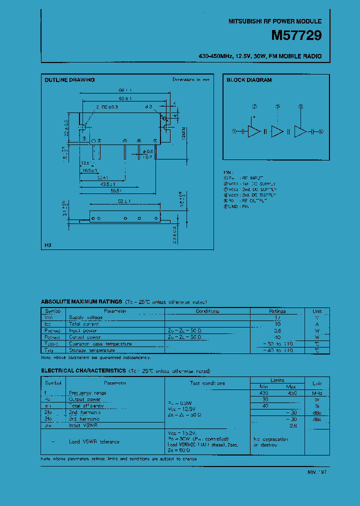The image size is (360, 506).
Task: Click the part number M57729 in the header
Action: pos(296,36)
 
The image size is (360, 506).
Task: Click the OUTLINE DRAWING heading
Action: pos(69,80)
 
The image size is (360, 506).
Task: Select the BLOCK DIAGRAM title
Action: pos(249,80)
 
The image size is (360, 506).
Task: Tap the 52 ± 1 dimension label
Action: pos(124,201)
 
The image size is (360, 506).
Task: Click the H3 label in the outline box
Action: pos(48,245)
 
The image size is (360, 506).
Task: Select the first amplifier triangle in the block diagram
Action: pos(254,131)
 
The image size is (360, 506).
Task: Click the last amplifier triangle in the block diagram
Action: pos(300,131)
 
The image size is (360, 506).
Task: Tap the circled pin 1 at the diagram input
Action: pos(233,131)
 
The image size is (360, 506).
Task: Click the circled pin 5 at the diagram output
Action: pos(321,131)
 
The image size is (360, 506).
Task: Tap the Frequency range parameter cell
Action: pos(87,393)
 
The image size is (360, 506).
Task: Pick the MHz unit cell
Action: pos(317,393)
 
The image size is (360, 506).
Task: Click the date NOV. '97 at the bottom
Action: pos(316,471)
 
